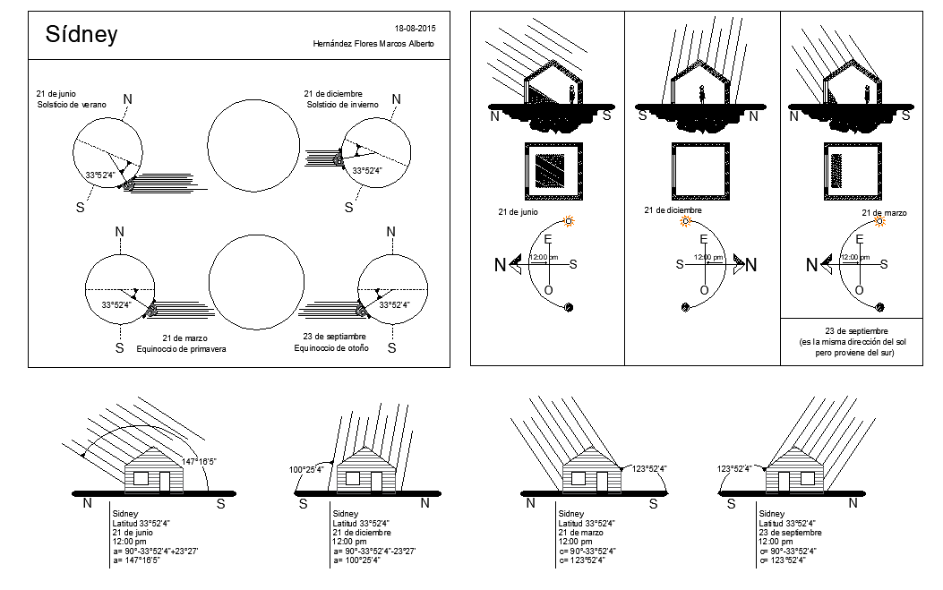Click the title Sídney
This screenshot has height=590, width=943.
[x=81, y=34]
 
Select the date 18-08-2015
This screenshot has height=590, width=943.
[x=415, y=29]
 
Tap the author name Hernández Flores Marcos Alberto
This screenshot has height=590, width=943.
[x=373, y=43]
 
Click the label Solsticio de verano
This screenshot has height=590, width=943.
[x=72, y=104]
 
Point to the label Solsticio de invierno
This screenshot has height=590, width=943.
[x=343, y=104]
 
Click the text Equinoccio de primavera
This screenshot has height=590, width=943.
[x=181, y=349]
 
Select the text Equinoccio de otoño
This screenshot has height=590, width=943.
[x=331, y=348]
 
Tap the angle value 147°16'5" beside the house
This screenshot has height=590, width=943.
[x=199, y=461]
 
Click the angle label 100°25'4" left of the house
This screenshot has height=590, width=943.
[x=306, y=469]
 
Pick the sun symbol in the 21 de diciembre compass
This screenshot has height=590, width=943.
[x=686, y=221]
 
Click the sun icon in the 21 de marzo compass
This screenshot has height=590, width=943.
[x=879, y=221]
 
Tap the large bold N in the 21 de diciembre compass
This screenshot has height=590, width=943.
[x=751, y=265]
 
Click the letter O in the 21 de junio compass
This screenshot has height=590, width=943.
[x=548, y=290]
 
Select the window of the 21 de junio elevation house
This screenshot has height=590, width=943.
[x=141, y=479]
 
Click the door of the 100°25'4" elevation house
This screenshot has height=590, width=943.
[x=376, y=482]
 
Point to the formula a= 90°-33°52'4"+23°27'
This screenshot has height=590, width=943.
[x=155, y=551]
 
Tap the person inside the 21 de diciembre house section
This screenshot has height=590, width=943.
[x=701, y=95]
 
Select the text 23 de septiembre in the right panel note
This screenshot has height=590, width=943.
[x=856, y=330]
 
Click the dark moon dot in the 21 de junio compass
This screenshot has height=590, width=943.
[x=569, y=307]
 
